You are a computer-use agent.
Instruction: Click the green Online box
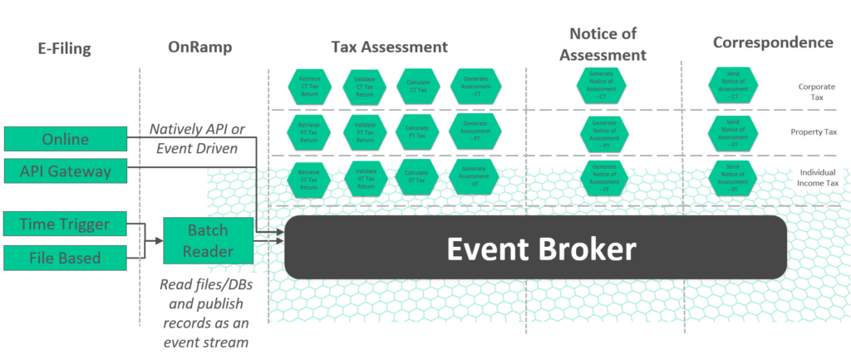click(x=66, y=139)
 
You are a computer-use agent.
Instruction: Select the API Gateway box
click(x=66, y=172)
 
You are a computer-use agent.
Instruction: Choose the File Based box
click(x=66, y=258)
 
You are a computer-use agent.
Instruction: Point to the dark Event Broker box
click(x=535, y=247)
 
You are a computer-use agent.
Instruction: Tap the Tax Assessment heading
click(x=389, y=47)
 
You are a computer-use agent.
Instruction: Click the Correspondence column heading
click(x=773, y=42)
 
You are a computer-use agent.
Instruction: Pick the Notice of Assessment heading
click(x=603, y=44)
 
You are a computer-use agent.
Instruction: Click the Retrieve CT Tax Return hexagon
click(x=310, y=85)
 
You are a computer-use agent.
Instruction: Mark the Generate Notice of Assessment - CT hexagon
click(x=603, y=85)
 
